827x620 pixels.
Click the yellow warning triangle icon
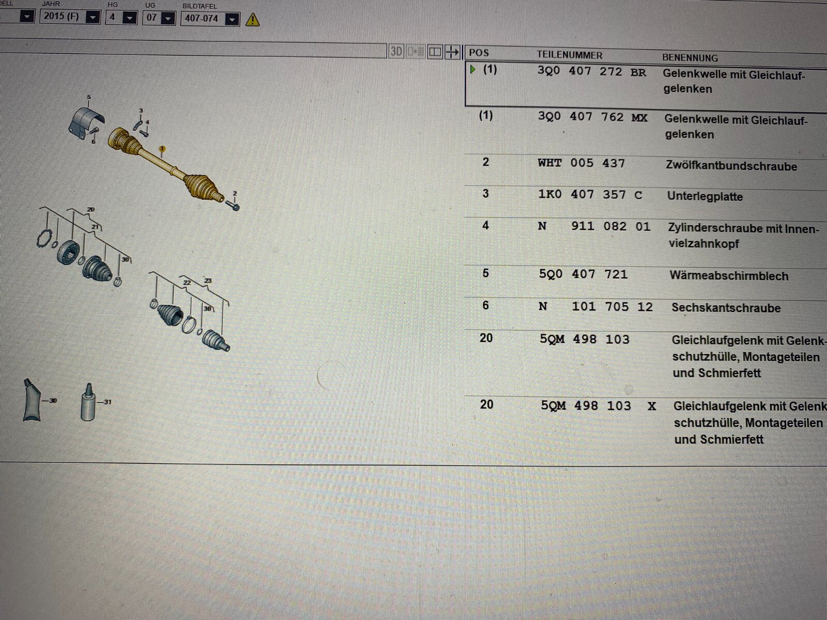[x=252, y=20]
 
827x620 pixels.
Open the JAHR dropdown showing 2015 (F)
[x=70, y=17]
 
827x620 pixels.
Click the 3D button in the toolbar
[x=396, y=51]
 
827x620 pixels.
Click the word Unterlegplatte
[x=705, y=196]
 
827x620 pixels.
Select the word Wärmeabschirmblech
[x=729, y=275]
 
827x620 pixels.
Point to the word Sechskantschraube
[x=726, y=307]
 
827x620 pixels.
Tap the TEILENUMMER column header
[x=569, y=55]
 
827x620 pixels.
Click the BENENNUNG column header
[x=690, y=57]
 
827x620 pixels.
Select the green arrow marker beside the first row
[x=473, y=69]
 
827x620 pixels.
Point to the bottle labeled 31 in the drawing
[x=88, y=402]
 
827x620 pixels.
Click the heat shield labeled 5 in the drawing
[x=86, y=121]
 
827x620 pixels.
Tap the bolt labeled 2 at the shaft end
[x=233, y=205]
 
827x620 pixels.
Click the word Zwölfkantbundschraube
[x=731, y=166]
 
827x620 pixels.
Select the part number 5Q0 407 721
[x=583, y=274]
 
